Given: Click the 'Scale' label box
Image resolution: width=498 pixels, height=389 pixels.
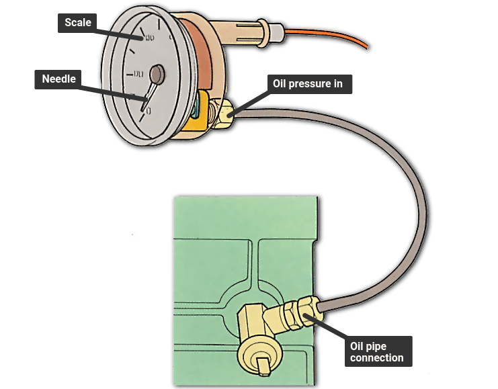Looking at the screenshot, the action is coord(77,23).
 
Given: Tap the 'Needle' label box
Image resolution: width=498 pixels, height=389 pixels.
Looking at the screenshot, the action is coord(58,79).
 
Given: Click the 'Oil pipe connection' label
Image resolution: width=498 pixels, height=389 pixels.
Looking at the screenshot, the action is coord(378,351).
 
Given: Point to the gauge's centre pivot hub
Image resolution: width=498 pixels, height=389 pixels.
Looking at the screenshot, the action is coord(157,75).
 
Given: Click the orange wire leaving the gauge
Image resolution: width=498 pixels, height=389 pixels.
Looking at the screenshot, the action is coord(327,36).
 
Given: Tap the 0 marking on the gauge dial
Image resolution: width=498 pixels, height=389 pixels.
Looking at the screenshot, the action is coord(149,111).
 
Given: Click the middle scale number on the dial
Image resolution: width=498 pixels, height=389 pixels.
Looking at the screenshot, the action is coord(138,75).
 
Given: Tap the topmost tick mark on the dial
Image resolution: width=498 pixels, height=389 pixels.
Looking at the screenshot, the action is coord(159,25).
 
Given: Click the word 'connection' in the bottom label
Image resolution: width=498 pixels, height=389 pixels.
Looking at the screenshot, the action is coord(376,358).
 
